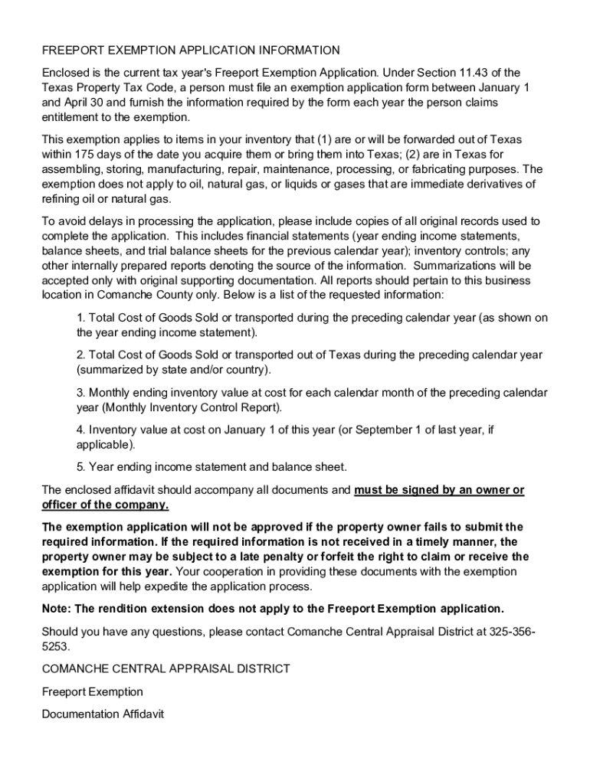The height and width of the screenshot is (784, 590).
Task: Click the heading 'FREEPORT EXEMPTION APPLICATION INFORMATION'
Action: click(191, 51)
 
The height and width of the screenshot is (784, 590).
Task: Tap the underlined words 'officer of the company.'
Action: click(105, 505)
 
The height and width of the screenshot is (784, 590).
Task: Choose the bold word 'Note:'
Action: click(57, 609)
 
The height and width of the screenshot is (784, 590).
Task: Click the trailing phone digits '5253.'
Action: click(56, 646)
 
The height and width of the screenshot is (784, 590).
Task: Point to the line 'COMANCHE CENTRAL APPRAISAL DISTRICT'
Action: click(166, 668)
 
